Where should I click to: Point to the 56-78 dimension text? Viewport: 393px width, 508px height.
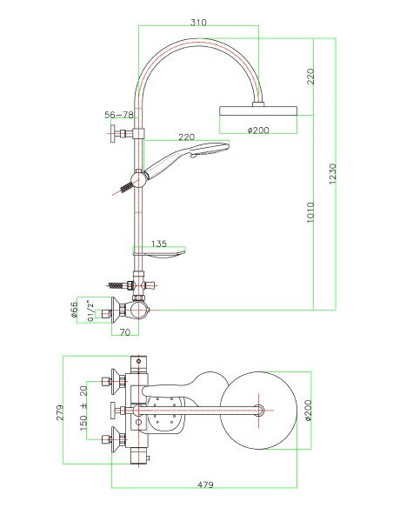coord(118,115)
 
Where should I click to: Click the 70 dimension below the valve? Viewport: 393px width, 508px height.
coord(125,331)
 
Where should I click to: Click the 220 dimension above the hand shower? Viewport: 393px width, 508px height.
coord(186,137)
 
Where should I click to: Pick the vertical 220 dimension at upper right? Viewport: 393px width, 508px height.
coord(310,76)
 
